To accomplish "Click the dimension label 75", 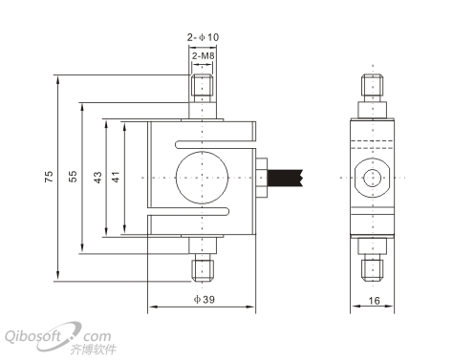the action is coord(49,177).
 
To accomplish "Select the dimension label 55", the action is coord(73,177).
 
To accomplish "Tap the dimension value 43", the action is coord(97,178).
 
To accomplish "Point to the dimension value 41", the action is coord(116,177).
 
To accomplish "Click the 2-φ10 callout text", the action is coord(203,37).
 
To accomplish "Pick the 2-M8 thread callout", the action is coord(203,56).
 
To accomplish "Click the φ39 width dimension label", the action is coord(205,300).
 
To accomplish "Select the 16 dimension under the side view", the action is coord(374,301).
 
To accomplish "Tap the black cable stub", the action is coord(285,178).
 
